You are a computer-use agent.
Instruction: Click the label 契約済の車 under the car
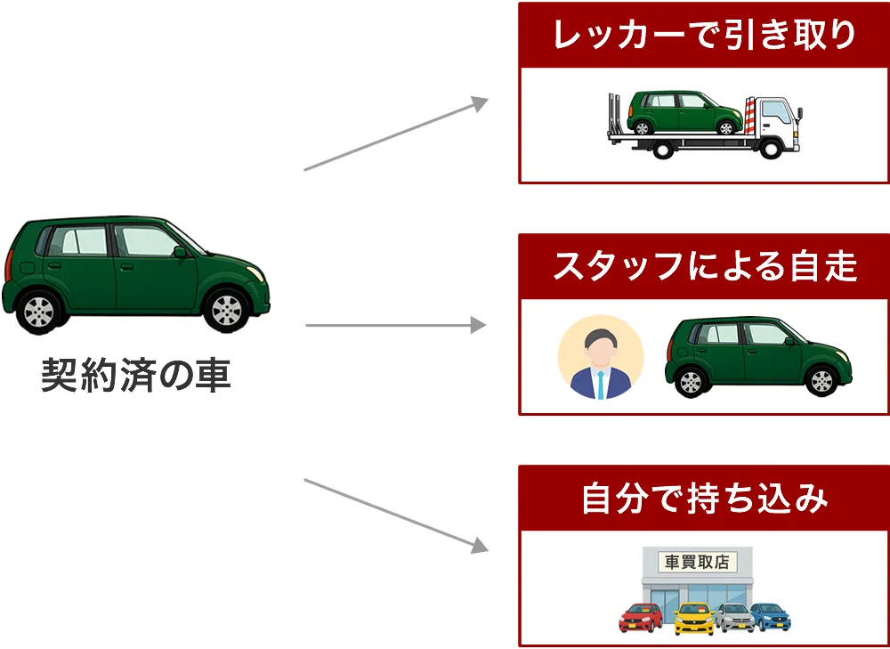136,376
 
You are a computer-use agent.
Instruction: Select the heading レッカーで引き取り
704,36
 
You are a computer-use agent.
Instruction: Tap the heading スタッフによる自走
704,266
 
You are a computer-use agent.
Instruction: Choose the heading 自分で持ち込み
704,498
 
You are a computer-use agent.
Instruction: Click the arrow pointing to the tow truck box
396,134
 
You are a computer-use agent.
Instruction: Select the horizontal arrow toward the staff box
396,325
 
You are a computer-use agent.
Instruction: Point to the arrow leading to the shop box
396,515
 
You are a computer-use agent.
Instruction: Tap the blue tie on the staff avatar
601,384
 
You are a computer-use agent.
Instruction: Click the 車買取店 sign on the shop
697,563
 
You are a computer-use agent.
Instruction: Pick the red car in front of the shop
641,616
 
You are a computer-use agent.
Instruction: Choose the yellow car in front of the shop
694,618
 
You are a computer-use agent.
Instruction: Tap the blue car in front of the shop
771,616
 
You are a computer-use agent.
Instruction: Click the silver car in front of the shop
735,616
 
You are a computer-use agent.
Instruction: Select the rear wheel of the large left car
40,312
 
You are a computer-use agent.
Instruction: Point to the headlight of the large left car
257,271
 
